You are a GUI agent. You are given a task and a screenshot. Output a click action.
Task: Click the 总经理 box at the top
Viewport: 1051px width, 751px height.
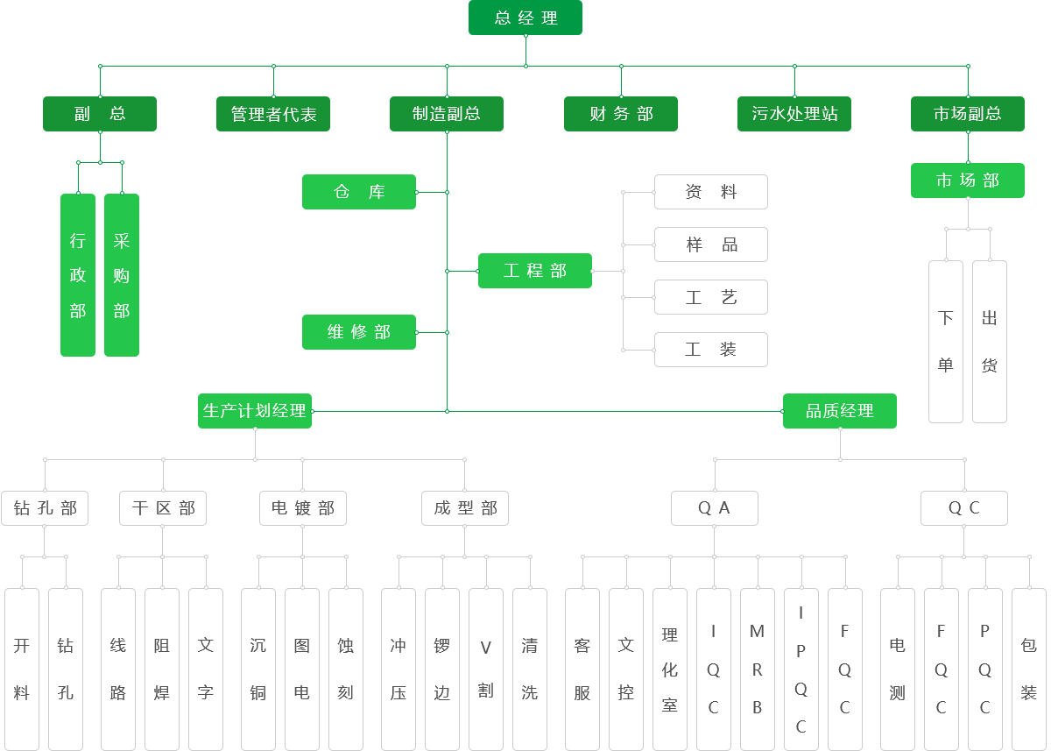click(525, 18)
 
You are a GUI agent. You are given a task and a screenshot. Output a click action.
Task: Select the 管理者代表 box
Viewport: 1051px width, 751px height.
click(273, 114)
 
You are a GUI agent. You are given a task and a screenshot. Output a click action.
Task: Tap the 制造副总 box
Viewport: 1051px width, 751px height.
click(447, 114)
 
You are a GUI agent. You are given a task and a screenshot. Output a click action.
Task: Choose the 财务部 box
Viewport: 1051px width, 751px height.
click(621, 114)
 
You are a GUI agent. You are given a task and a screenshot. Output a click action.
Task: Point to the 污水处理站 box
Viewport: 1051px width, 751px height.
click(794, 114)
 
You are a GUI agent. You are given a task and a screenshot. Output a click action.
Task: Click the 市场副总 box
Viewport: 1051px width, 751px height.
click(968, 114)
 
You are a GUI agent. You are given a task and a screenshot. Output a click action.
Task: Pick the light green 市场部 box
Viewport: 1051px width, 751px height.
click(968, 181)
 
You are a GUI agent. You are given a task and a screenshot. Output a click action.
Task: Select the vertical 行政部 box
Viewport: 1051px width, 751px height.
click(78, 275)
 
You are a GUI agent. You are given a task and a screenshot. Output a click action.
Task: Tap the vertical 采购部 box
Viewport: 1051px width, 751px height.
click(122, 275)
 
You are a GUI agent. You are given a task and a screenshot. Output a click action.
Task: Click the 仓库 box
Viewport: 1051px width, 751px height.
click(359, 192)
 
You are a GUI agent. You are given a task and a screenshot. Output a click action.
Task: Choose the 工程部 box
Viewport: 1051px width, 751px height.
click(535, 271)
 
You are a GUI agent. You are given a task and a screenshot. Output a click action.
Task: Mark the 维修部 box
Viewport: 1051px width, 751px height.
click(359, 332)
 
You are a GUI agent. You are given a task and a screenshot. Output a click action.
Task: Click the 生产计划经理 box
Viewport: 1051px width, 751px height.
click(255, 411)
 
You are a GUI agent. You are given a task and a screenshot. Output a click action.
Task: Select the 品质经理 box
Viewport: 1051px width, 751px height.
click(840, 411)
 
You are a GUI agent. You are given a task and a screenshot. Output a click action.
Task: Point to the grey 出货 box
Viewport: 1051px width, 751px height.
click(990, 342)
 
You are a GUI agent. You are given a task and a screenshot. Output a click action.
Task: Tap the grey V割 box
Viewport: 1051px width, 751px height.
click(486, 669)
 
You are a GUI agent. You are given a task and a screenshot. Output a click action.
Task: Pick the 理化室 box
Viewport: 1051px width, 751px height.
click(670, 669)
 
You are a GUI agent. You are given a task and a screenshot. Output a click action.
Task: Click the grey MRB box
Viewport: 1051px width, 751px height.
click(758, 669)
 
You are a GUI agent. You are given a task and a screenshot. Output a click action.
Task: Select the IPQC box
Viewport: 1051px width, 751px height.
click(801, 669)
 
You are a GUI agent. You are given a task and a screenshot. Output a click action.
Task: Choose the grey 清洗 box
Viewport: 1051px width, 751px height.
click(530, 669)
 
